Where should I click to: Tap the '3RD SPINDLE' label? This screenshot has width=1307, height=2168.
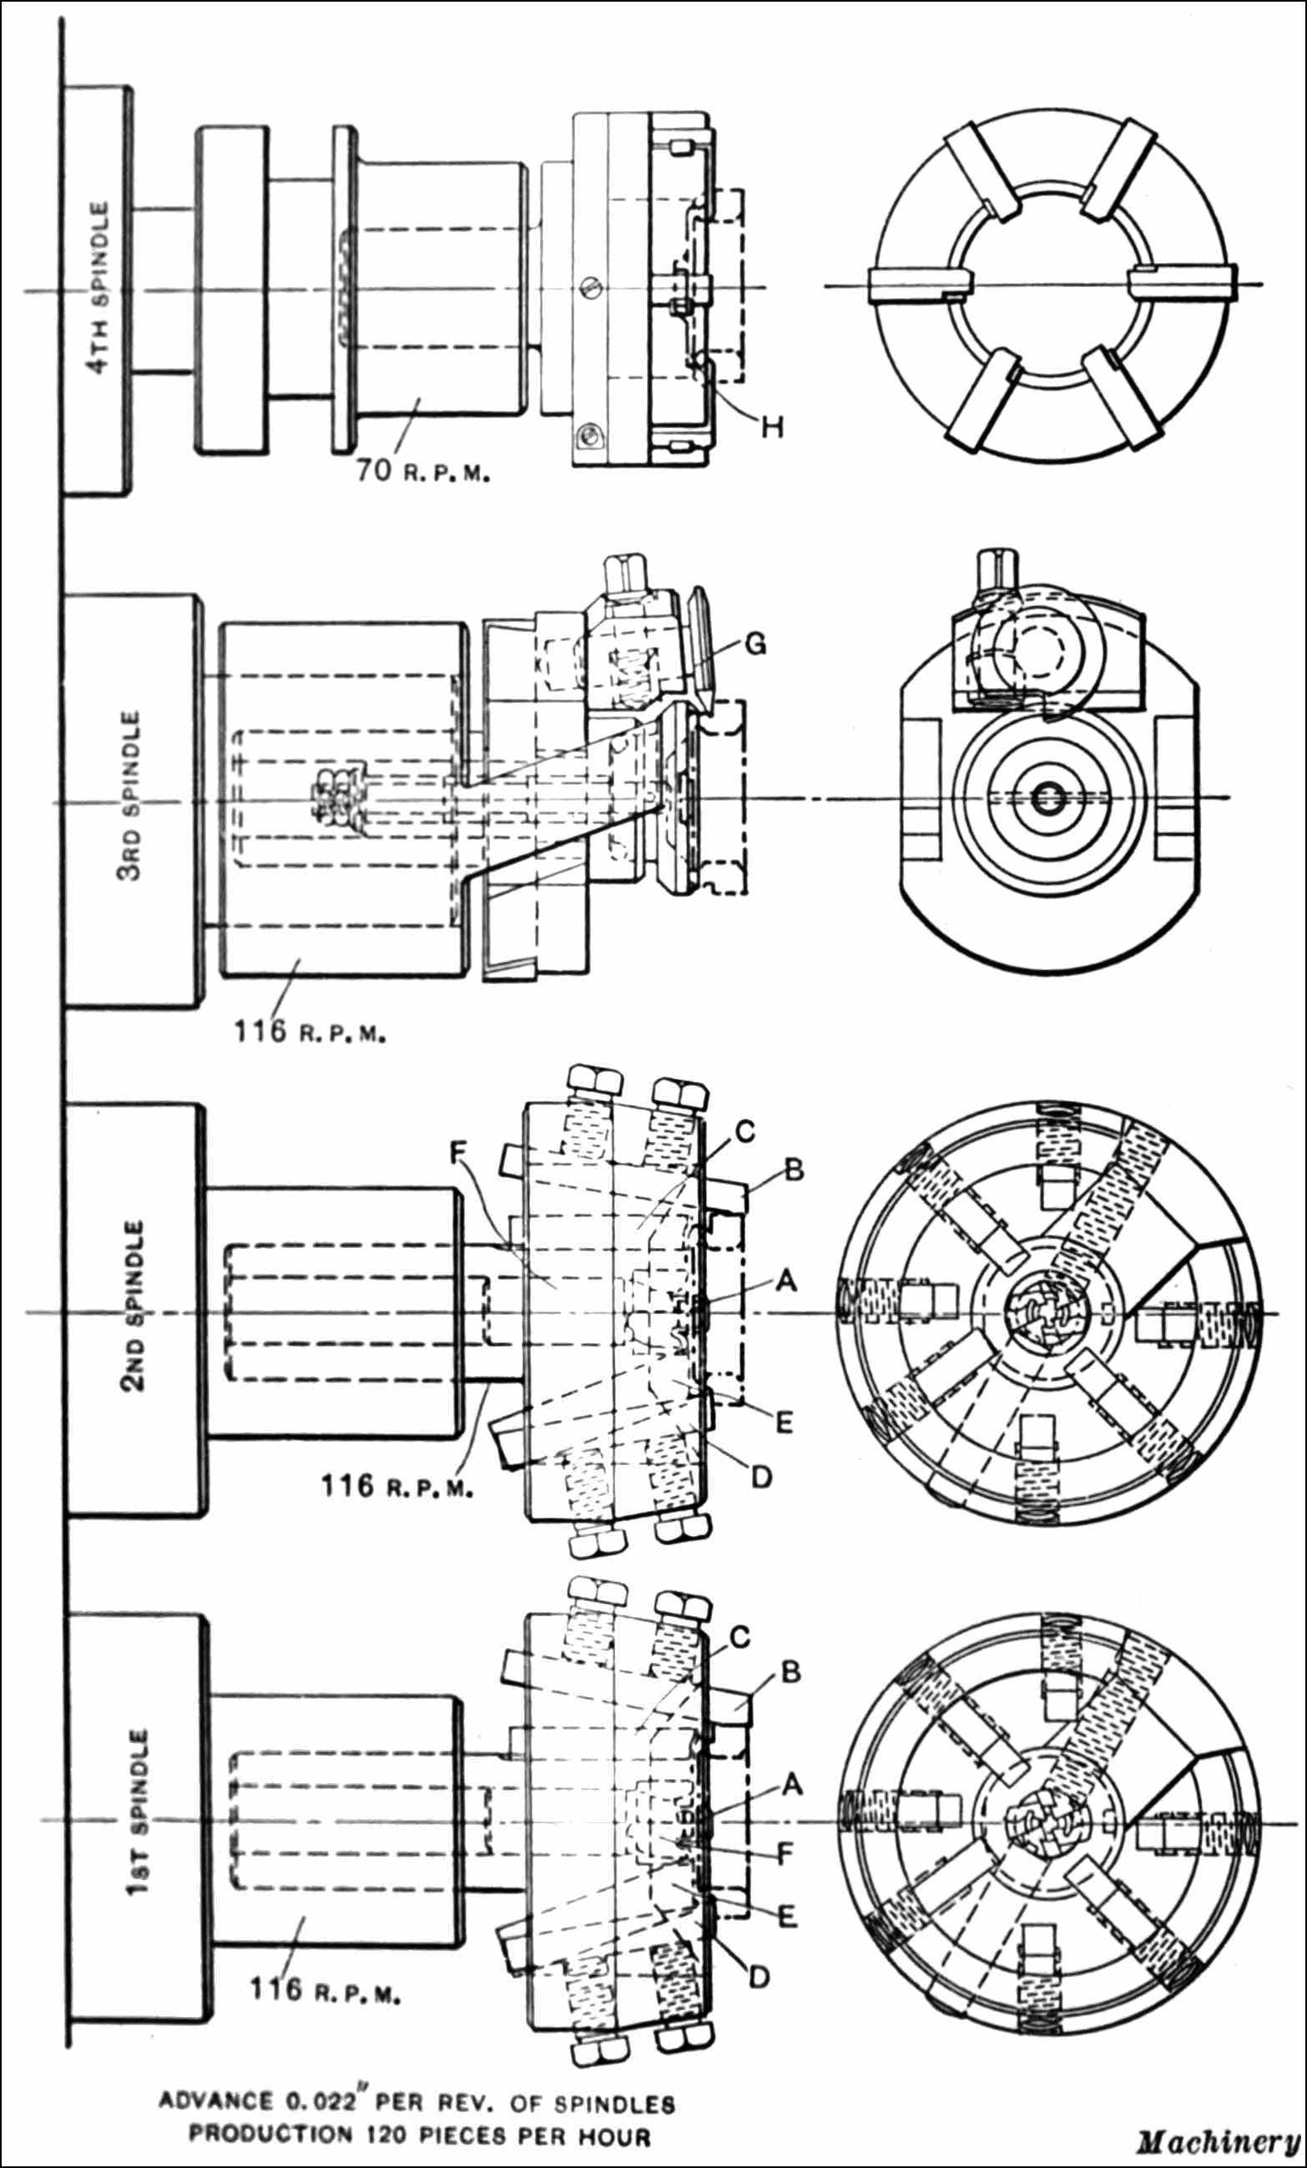[x=131, y=796]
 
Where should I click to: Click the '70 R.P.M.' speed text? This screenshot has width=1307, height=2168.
[x=422, y=472]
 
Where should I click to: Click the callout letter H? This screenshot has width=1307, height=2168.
[x=771, y=427]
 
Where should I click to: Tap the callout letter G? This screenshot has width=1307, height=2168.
[x=754, y=644]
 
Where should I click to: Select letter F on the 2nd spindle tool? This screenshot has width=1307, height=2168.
[x=457, y=1153]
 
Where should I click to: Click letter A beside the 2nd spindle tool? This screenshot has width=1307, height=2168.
[x=785, y=1281]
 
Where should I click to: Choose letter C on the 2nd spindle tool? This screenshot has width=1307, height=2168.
[x=744, y=1131]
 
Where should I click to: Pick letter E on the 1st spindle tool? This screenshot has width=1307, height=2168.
[x=786, y=1917]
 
